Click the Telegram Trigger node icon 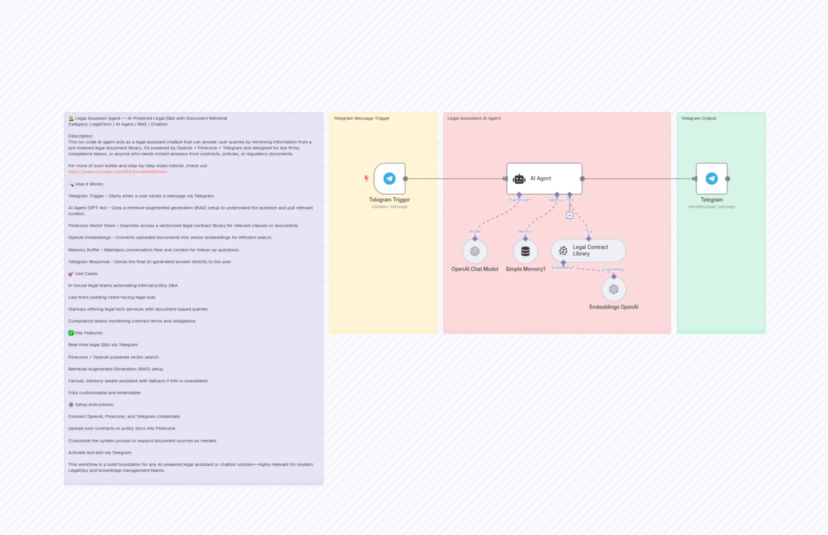pyautogui.click(x=389, y=178)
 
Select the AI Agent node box pyautogui.click(x=544, y=178)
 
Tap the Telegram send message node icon pyautogui.click(x=712, y=178)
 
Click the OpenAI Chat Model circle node pyautogui.click(x=474, y=251)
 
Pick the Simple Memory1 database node pyautogui.click(x=525, y=251)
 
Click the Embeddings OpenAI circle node pyautogui.click(x=614, y=289)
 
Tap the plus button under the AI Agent pyautogui.click(x=570, y=215)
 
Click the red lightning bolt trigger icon pyautogui.click(x=366, y=178)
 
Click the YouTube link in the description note pyautogui.click(x=118, y=172)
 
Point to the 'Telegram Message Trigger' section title pyautogui.click(x=362, y=118)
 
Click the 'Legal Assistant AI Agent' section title pyautogui.click(x=474, y=118)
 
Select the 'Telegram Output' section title pyautogui.click(x=698, y=118)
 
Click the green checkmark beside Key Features pyautogui.click(x=71, y=333)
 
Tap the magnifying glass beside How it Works pyautogui.click(x=71, y=184)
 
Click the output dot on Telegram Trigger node pyautogui.click(x=405, y=178)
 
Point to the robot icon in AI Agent pyautogui.click(x=519, y=179)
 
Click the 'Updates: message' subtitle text pyautogui.click(x=389, y=207)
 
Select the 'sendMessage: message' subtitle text pyautogui.click(x=712, y=207)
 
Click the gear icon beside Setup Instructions pyautogui.click(x=71, y=405)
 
